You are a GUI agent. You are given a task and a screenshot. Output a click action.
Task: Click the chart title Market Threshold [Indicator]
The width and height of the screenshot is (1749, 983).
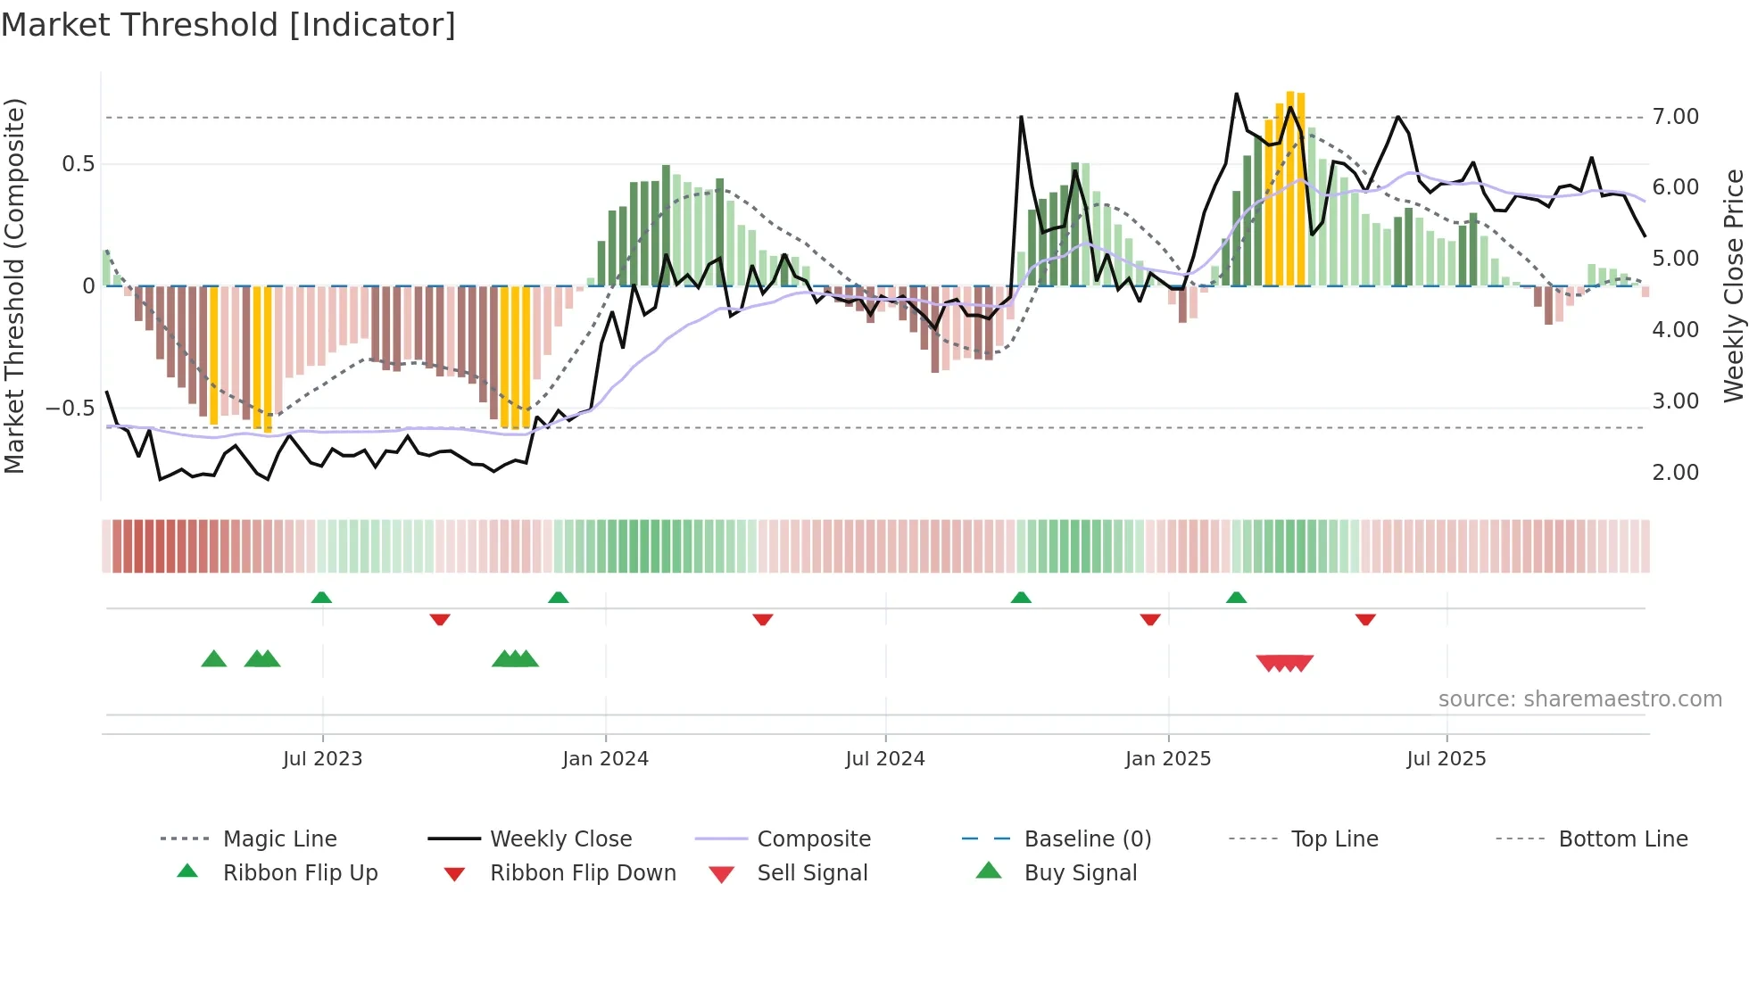pyautogui.click(x=228, y=25)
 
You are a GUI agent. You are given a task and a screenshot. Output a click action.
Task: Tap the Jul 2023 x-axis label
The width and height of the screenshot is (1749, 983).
pyautogui.click(x=322, y=759)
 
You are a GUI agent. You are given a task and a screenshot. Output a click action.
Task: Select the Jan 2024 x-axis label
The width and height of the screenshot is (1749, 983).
pyautogui.click(x=605, y=759)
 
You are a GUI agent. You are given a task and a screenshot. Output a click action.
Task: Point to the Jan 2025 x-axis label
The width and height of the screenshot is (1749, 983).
pyautogui.click(x=1167, y=759)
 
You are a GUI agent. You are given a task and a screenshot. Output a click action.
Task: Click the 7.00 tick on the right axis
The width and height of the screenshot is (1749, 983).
pyautogui.click(x=1675, y=117)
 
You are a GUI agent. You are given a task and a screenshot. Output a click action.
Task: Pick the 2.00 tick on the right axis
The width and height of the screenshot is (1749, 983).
pyautogui.click(x=1675, y=473)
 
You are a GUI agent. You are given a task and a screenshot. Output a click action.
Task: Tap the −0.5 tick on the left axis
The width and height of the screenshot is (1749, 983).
pyautogui.click(x=70, y=409)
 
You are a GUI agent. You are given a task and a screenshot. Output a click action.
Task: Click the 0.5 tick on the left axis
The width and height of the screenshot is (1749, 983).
pyautogui.click(x=78, y=164)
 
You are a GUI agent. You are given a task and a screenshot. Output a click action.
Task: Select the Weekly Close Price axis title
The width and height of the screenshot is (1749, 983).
pyautogui.click(x=1733, y=285)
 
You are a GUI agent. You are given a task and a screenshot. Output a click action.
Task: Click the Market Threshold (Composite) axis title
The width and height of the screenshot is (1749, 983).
pyautogui.click(x=14, y=285)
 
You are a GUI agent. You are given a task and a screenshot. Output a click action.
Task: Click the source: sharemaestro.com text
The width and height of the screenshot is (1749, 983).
pyautogui.click(x=1579, y=699)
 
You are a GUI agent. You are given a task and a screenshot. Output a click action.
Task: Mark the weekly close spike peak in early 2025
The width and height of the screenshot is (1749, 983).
pyautogui.click(x=1236, y=94)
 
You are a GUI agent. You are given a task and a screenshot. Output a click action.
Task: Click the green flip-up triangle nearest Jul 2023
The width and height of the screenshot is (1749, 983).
pyautogui.click(x=321, y=598)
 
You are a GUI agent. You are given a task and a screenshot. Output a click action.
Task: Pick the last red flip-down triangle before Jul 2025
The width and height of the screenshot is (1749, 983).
pyautogui.click(x=1365, y=619)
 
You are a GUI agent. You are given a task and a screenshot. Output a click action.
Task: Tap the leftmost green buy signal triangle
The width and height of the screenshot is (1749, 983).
pyautogui.click(x=214, y=659)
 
